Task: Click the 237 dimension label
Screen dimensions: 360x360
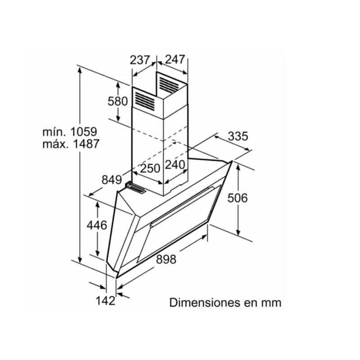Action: coord(140,60)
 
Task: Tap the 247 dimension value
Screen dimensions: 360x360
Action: coord(175,59)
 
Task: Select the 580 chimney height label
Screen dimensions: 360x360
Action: coord(117,101)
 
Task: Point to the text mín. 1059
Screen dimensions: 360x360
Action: coord(70,132)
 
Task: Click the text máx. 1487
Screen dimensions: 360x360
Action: coord(71,144)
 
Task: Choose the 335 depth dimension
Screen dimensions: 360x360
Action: coord(238,136)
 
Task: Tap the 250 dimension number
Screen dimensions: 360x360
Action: coord(150,168)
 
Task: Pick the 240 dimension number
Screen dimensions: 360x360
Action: coord(175,165)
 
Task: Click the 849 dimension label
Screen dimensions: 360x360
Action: coord(112,180)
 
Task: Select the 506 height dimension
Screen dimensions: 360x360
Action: coord(238,198)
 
